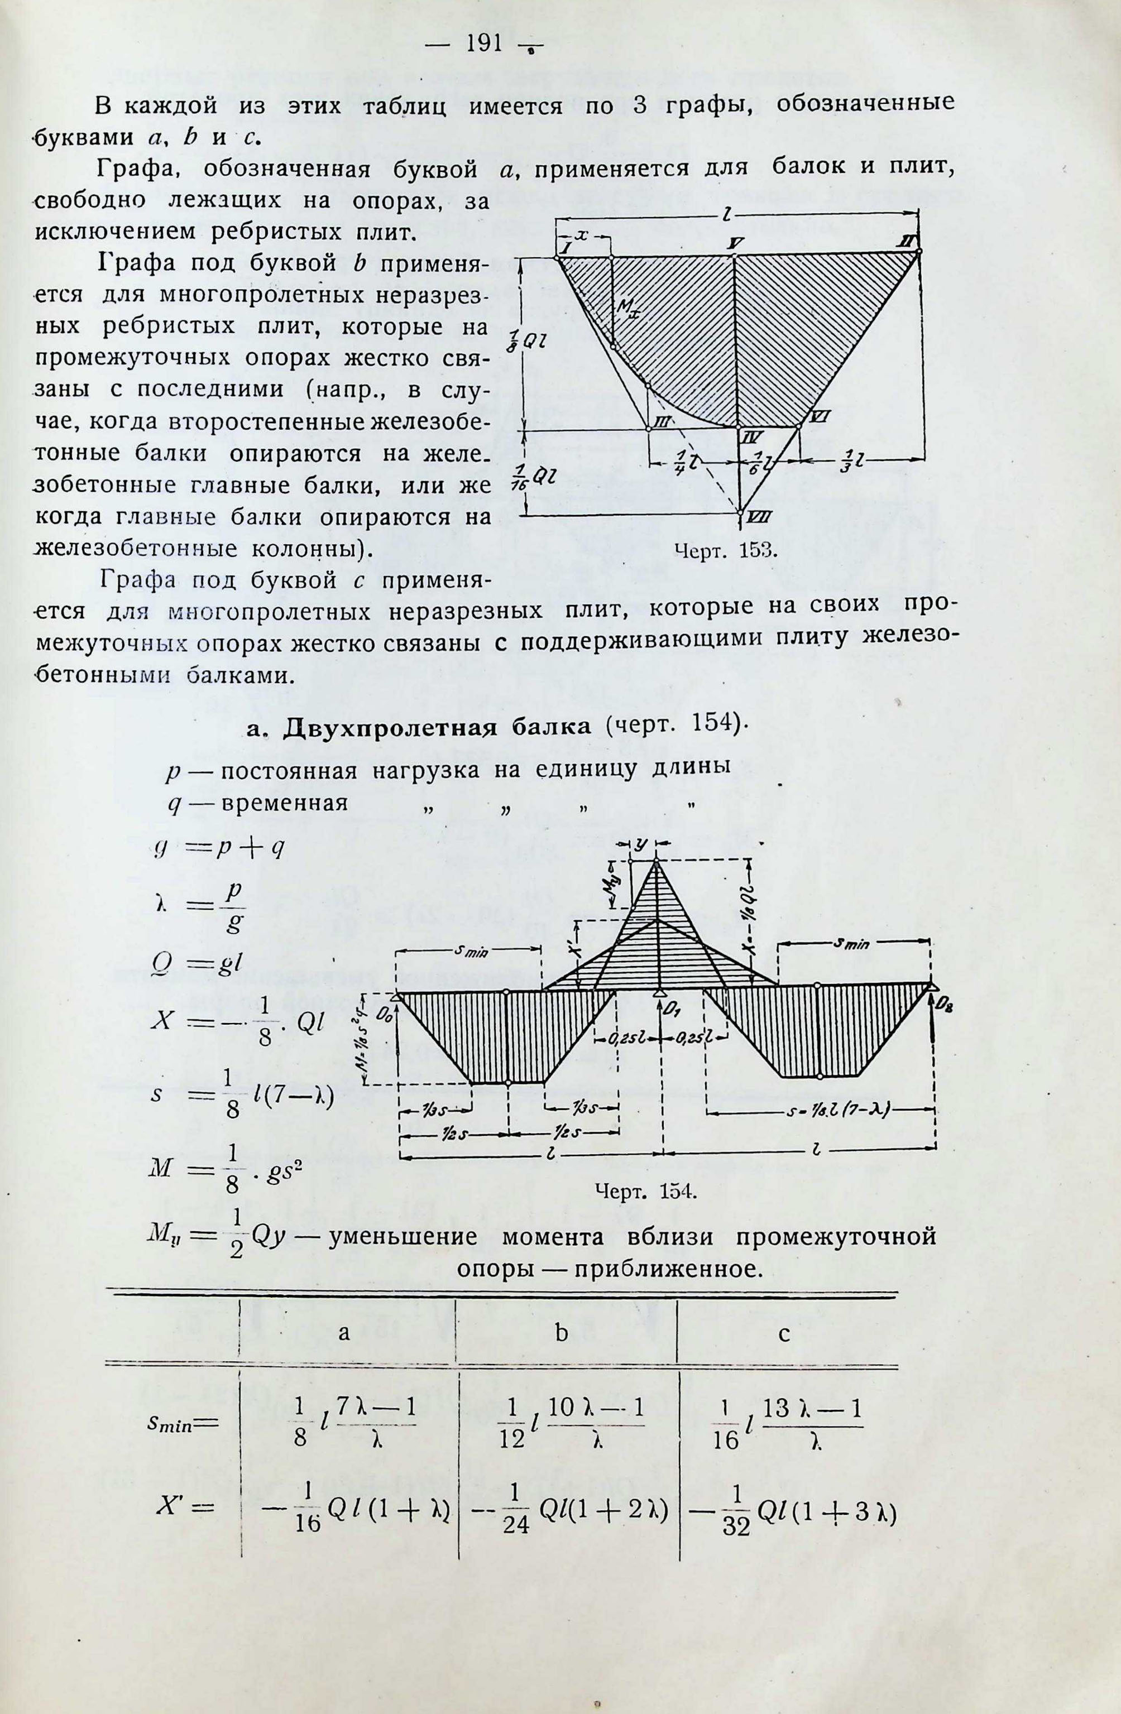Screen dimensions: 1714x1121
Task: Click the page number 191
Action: coord(484,45)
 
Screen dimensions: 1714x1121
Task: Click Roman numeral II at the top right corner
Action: coord(905,245)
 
